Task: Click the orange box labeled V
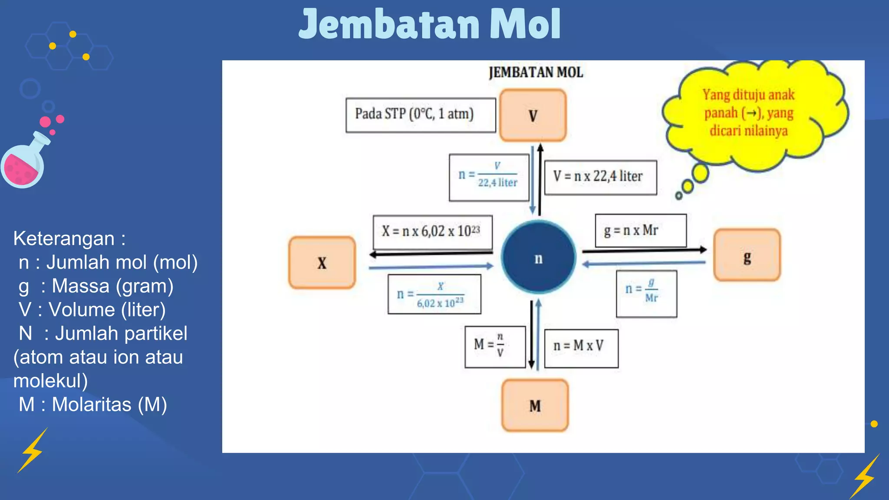[533, 115]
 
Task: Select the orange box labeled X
[322, 263]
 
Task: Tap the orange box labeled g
[747, 256]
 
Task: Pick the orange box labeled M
[535, 405]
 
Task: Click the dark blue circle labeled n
[538, 258]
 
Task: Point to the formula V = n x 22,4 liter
[600, 177]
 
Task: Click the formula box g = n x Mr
[640, 230]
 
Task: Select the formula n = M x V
[581, 348]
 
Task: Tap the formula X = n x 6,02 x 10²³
[432, 232]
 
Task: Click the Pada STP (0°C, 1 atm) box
[420, 115]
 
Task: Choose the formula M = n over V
[495, 346]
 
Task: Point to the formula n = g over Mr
[646, 293]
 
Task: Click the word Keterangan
[64, 239]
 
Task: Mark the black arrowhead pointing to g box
[703, 250]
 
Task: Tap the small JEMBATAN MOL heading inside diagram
[535, 72]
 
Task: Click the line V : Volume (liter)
[92, 310]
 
